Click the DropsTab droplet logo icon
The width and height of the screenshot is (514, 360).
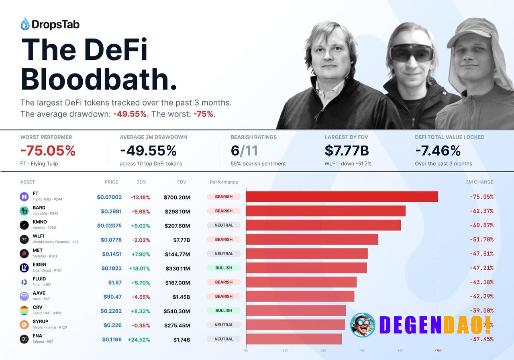(x=25, y=24)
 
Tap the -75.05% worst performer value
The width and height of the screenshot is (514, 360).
(x=48, y=151)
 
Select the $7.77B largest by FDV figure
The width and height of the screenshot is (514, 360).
(x=347, y=151)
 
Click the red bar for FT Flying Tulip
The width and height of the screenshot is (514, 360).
(x=342, y=197)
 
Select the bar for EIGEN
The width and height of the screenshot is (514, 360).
(x=306, y=268)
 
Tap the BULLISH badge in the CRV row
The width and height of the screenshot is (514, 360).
(x=224, y=311)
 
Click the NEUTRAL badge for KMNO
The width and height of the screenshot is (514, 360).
(x=224, y=225)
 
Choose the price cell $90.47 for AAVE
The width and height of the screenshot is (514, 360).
(x=112, y=297)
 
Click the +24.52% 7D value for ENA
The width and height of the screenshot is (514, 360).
(x=139, y=340)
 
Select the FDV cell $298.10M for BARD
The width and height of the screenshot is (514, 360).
(x=177, y=212)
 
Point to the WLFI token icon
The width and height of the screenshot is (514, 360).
(x=24, y=240)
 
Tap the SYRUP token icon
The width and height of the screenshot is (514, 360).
(x=24, y=325)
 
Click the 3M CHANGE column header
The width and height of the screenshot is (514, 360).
(x=479, y=182)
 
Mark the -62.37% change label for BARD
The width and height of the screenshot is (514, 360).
(x=481, y=211)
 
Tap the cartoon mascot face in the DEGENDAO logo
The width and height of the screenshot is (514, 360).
(x=363, y=325)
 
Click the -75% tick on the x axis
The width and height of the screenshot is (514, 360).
(x=438, y=350)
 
